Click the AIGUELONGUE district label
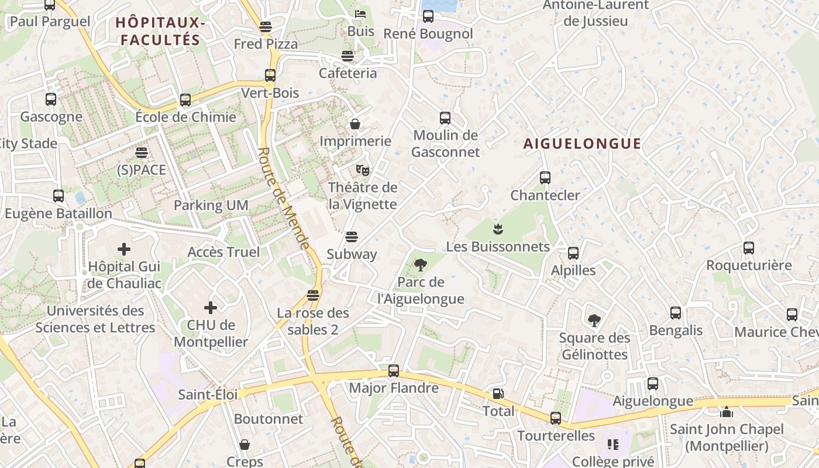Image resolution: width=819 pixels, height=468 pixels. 582,144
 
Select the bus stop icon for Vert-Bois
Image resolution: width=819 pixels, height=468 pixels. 270,75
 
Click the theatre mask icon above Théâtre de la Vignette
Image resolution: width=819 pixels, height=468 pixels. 363,170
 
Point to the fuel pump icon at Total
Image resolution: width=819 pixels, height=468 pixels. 498,394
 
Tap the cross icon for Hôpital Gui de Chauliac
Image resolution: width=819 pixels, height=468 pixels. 124,250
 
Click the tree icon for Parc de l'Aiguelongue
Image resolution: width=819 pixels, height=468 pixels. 420,265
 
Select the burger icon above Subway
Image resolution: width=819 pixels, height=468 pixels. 352,237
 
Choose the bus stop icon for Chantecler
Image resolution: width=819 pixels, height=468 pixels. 545,178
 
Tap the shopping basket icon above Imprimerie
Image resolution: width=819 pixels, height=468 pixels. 355,124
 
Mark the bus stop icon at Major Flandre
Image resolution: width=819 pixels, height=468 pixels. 394,371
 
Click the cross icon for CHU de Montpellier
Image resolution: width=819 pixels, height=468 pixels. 211,308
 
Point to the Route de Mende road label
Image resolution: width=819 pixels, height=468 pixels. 283,198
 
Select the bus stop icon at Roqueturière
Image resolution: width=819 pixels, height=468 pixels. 749,248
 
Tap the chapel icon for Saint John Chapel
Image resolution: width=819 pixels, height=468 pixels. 727,412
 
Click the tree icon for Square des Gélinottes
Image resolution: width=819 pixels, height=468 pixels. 594,321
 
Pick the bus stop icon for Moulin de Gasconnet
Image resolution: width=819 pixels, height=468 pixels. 445,118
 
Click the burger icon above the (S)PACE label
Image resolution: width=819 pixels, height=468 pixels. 142,153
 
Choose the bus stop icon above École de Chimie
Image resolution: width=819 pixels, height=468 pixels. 185,100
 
